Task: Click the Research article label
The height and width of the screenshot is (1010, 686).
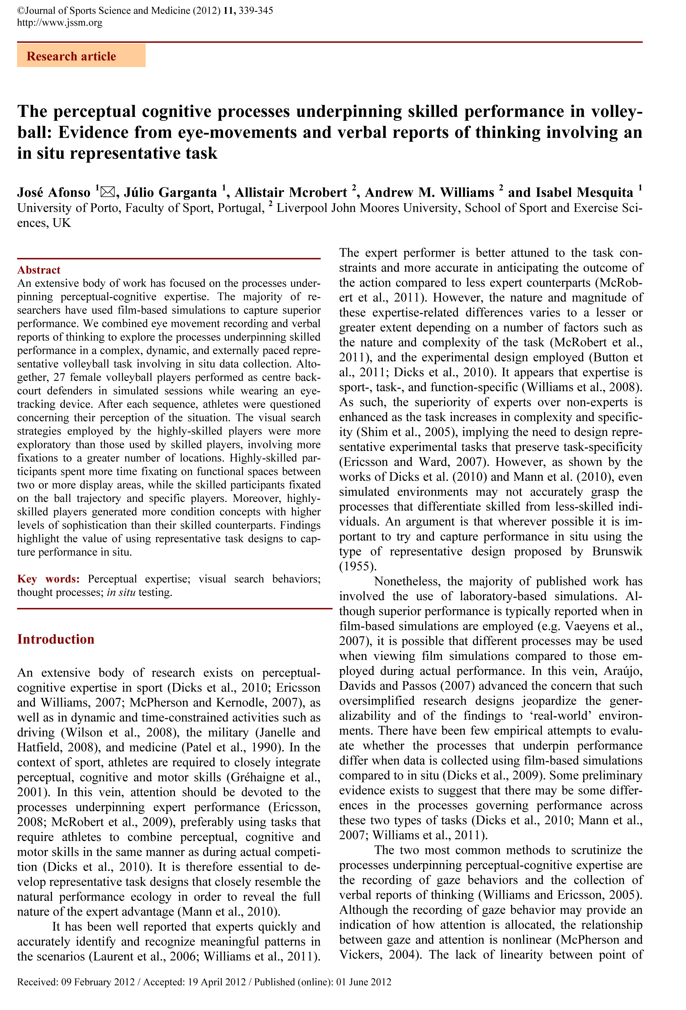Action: point(71,56)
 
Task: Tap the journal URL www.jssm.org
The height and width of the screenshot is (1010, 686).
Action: point(60,22)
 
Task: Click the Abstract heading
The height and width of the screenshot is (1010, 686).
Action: point(39,270)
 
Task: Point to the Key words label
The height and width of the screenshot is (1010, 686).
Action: point(48,579)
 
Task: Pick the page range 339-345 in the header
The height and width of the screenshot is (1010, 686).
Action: point(256,10)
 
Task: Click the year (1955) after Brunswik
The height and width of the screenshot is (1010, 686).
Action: point(357,566)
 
